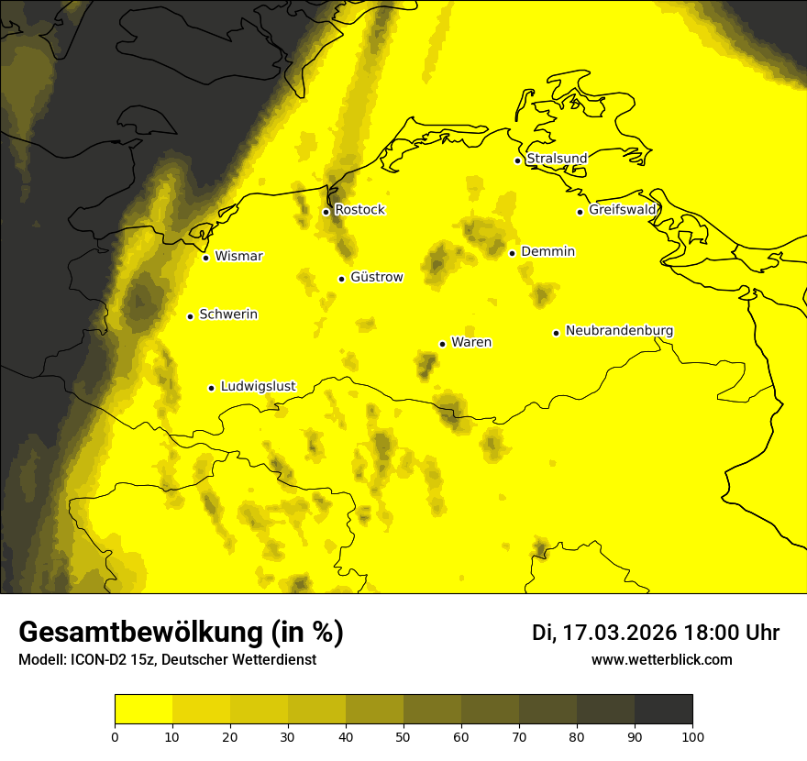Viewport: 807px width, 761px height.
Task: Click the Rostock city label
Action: [359, 210]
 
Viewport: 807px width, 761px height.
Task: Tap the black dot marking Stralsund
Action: [517, 160]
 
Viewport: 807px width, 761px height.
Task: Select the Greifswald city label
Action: [623, 210]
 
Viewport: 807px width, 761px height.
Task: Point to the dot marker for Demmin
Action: [512, 253]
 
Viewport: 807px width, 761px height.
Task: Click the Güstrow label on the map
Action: [376, 277]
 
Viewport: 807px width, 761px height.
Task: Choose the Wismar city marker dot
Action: [206, 258]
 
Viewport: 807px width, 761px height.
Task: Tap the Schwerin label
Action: [228, 314]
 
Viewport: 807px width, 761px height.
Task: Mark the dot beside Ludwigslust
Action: [211, 388]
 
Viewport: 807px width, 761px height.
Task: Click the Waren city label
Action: [471, 343]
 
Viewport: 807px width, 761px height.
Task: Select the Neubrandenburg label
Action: [619, 331]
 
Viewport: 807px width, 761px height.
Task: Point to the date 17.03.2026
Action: [620, 633]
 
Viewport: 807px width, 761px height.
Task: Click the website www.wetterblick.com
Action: [662, 659]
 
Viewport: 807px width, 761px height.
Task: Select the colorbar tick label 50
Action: [403, 736]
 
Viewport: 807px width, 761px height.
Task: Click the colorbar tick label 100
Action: [692, 736]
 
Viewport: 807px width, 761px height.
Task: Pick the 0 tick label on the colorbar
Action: [115, 736]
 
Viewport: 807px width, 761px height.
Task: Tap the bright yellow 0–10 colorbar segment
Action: [144, 710]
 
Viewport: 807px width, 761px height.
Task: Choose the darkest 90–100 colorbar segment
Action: [663, 710]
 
